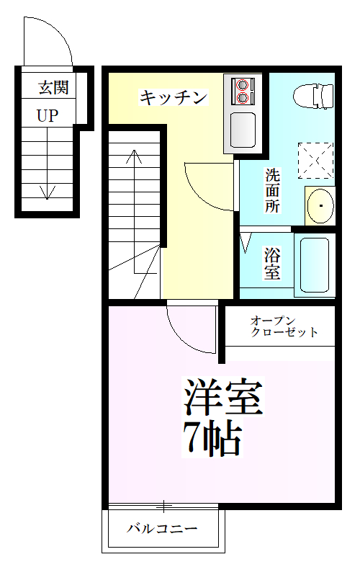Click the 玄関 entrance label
coord(53,88)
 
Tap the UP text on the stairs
coord(48,115)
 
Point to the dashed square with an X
coord(315,160)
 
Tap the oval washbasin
coord(318,206)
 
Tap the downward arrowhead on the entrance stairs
coord(48,192)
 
